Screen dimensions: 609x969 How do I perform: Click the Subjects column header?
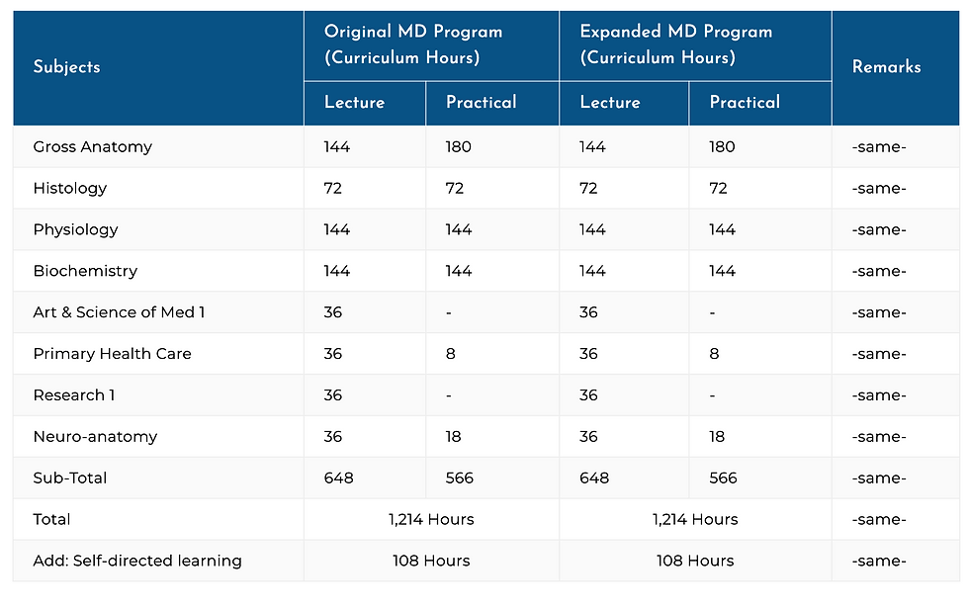[66, 67]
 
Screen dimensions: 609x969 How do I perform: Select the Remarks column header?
[886, 67]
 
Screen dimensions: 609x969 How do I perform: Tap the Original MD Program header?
[412, 44]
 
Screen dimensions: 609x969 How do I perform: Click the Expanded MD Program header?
[676, 44]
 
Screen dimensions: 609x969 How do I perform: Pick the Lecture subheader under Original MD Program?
[354, 103]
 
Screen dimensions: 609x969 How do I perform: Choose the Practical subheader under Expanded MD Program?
[744, 103]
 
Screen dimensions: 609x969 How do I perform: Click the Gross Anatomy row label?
[92, 147]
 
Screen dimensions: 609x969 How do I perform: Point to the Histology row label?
[69, 189]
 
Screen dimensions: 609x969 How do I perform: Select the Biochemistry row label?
[85, 271]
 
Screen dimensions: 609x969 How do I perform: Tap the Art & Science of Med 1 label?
[119, 312]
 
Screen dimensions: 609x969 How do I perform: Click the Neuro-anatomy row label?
[95, 437]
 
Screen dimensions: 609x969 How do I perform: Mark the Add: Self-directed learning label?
[136, 561]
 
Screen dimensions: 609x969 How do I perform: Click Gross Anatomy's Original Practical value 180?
[458, 147]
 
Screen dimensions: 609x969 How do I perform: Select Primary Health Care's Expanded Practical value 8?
[714, 354]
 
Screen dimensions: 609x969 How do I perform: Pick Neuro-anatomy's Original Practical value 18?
[454, 437]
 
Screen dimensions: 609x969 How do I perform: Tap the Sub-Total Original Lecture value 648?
[338, 478]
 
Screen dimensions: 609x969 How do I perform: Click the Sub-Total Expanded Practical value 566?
[723, 478]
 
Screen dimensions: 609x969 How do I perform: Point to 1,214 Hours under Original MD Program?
[431, 520]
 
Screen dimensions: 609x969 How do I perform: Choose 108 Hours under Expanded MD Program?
[695, 561]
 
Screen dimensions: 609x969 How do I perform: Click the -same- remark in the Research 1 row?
[879, 395]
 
